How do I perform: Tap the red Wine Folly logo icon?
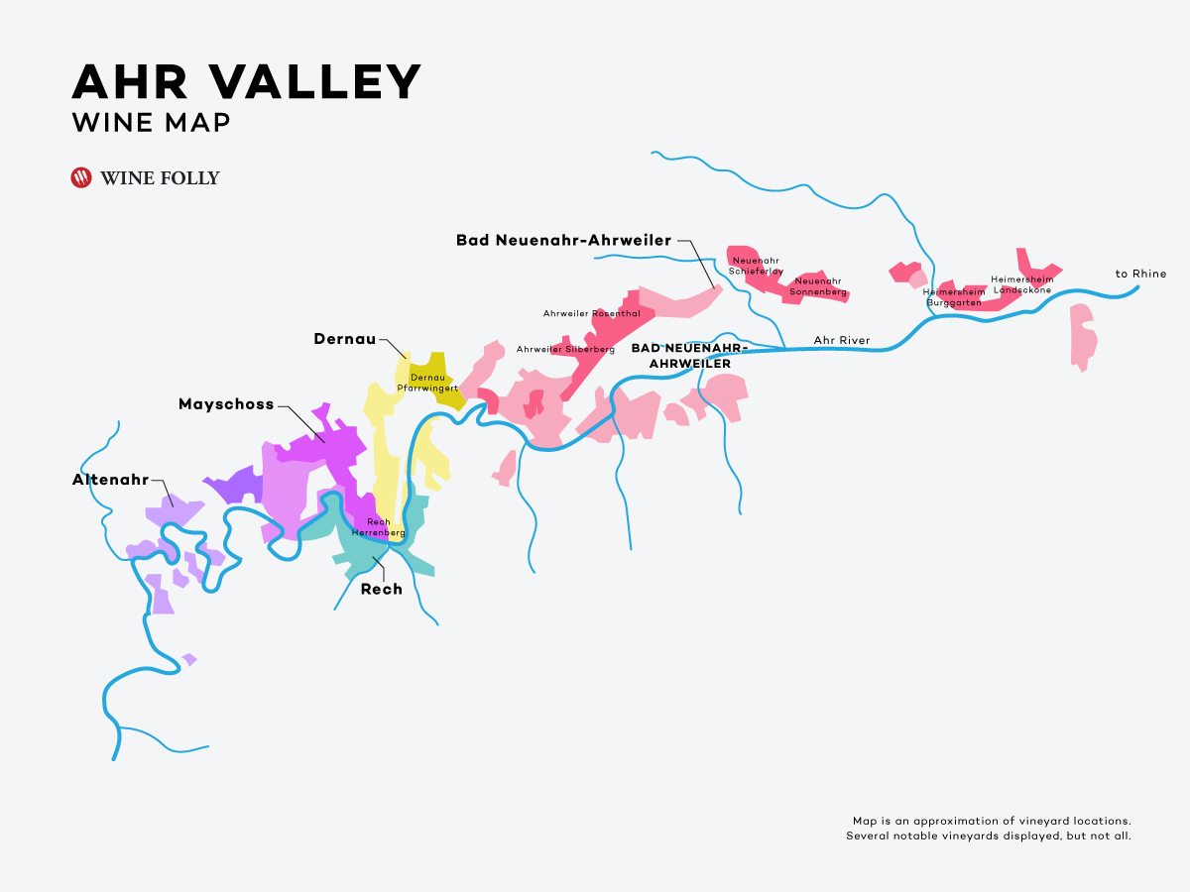click(x=81, y=178)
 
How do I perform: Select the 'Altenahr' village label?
click(x=110, y=480)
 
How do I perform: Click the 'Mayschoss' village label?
click(x=226, y=404)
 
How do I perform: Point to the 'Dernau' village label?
click(x=344, y=339)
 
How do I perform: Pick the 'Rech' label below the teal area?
click(x=382, y=589)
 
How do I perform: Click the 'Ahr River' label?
click(x=841, y=341)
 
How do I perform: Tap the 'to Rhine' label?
click(x=1140, y=274)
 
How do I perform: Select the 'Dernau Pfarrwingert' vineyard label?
click(x=427, y=383)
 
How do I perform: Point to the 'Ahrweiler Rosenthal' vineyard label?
click(x=591, y=313)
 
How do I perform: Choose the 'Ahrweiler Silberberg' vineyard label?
click(x=565, y=349)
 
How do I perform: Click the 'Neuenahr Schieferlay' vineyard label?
click(x=757, y=266)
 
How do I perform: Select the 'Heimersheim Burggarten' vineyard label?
click(x=954, y=297)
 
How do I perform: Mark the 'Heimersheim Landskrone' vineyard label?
click(x=1021, y=284)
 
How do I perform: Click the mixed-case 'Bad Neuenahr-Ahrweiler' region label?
click(x=563, y=240)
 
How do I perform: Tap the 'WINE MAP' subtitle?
click(x=151, y=122)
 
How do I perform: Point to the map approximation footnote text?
click(x=989, y=829)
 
